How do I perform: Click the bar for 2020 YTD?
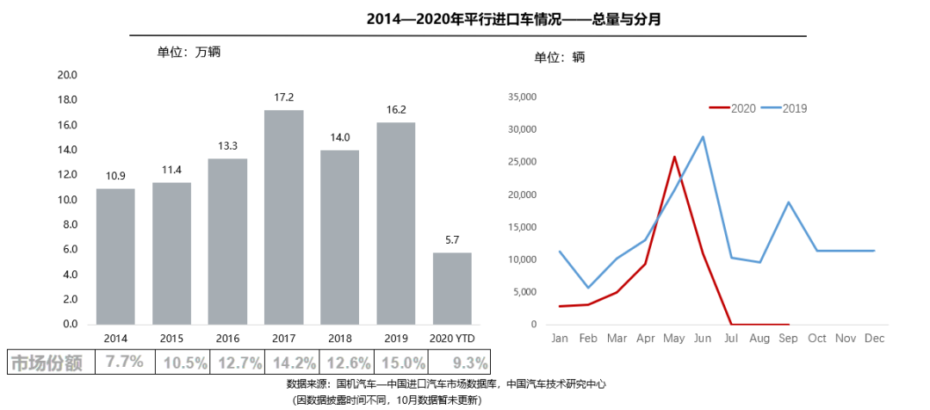point(451,289)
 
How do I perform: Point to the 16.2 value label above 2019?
point(395,109)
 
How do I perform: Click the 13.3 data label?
point(227,146)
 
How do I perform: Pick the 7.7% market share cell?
point(124,363)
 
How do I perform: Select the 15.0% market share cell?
point(403,363)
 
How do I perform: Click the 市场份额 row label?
point(46,363)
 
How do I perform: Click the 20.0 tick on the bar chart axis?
point(67,75)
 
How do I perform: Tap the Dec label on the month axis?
point(874,338)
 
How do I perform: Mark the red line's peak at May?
point(674,157)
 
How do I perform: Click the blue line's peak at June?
point(703,137)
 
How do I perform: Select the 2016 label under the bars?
point(227,338)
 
